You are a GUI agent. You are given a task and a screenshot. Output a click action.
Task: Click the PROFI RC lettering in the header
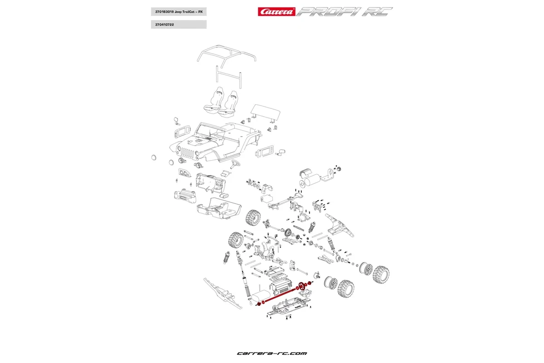coord(345,12)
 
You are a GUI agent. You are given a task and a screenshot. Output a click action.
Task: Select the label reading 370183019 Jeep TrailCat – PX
coord(178,12)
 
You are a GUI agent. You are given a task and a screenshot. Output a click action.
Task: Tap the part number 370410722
coord(178,25)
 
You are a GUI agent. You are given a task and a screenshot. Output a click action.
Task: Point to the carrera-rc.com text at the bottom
coord(272,353)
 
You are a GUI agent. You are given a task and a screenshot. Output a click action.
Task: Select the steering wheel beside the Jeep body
coord(235,163)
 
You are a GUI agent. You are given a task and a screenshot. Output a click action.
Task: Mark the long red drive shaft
coord(281,295)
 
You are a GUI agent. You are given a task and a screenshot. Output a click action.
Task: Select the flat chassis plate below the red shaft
coord(290,306)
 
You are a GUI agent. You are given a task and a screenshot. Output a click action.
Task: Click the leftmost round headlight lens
coord(154,157)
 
